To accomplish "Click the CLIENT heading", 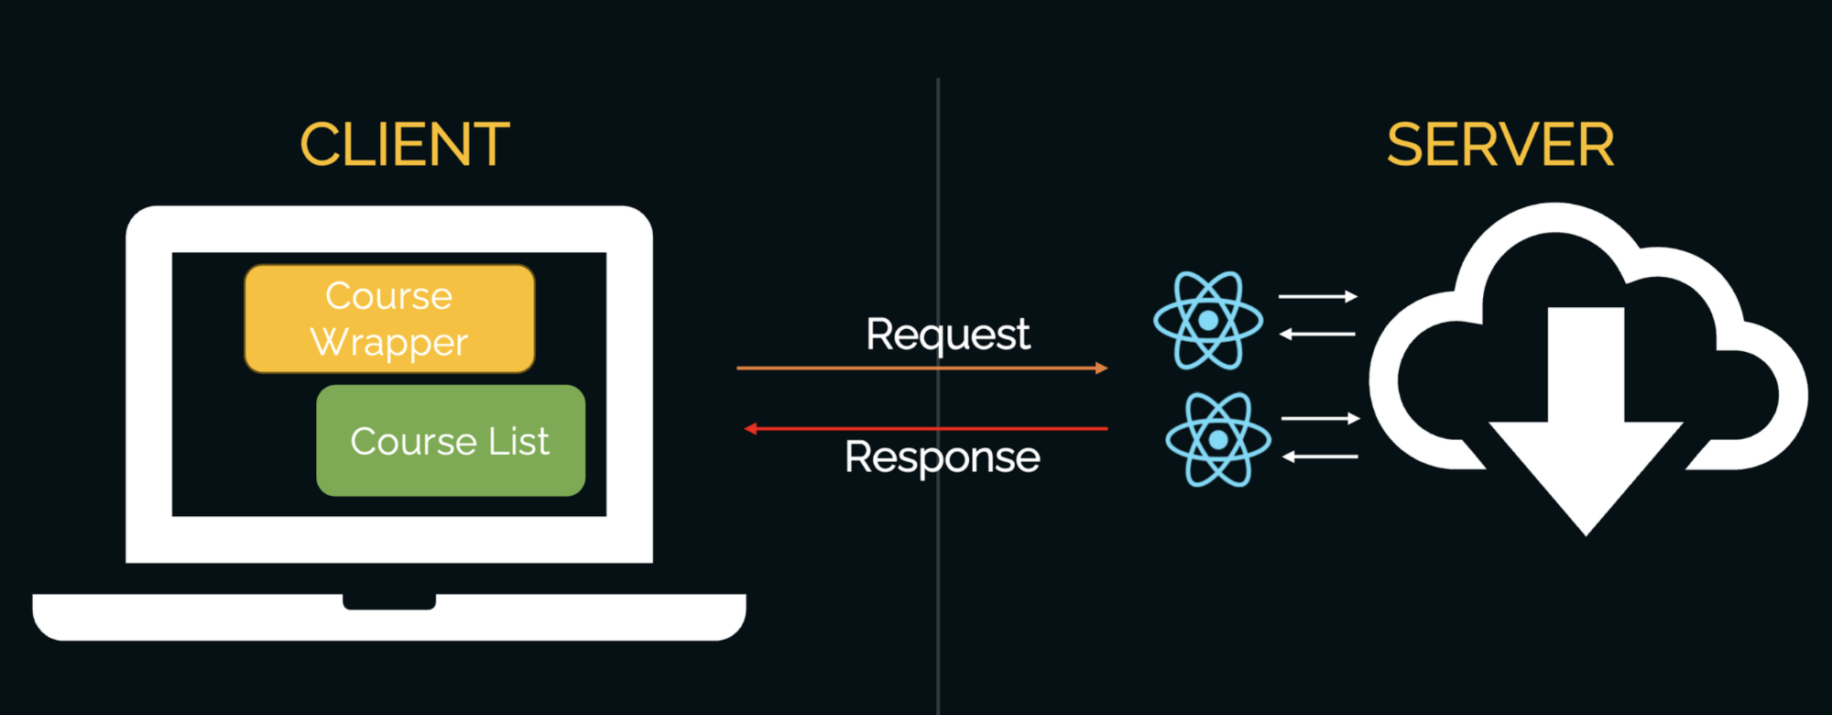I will point(404,145).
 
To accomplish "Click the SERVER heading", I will point(1499,145).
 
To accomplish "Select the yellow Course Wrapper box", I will point(389,318).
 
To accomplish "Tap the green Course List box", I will point(450,441).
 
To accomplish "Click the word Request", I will point(947,335).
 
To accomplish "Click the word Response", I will point(942,456).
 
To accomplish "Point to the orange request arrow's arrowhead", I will point(1102,368).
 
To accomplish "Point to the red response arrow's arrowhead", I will point(750,428).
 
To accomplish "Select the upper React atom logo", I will point(1207,320).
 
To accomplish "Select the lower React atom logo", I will point(1217,440).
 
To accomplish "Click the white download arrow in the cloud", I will point(1586,431).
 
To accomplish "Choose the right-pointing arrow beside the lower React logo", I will point(1320,419).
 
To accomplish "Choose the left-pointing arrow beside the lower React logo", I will point(1320,456).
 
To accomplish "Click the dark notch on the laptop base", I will point(389,601).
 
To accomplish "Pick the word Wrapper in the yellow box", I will point(389,342).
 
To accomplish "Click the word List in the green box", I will point(518,442).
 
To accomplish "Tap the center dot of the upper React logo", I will point(1207,320).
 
